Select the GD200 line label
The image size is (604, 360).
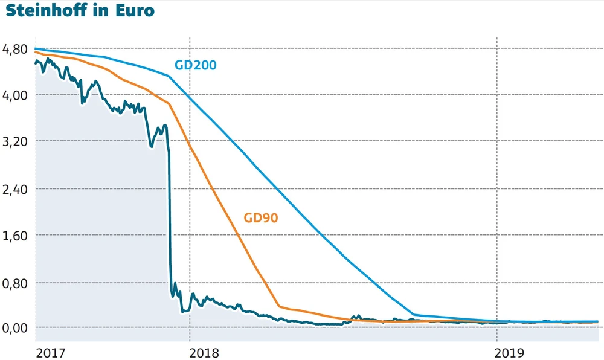tap(196, 65)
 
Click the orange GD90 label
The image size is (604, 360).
tap(261, 218)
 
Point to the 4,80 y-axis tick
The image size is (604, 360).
tap(15, 49)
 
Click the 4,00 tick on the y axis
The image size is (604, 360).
tap(15, 95)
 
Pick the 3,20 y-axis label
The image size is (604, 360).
tap(15, 142)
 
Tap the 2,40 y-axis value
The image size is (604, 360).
tap(15, 189)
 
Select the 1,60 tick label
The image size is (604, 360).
tap(15, 236)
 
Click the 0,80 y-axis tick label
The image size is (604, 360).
tap(15, 283)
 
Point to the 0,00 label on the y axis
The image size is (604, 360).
tap(15, 328)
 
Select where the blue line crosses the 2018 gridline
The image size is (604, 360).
tap(190, 97)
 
